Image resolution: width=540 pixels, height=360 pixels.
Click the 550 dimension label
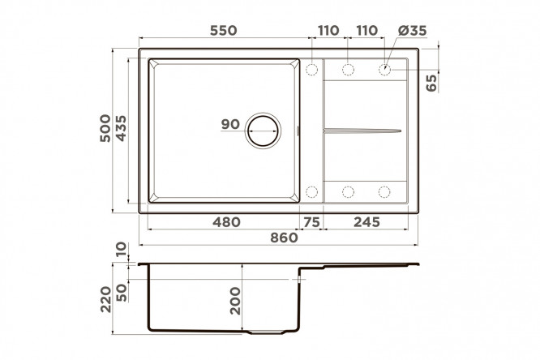pyautogui.click(x=224, y=30)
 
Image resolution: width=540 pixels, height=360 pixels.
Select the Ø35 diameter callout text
pyautogui.click(x=412, y=30)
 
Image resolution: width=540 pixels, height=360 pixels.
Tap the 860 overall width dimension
pyautogui.click(x=284, y=238)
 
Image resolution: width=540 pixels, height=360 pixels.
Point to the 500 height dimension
pyautogui.click(x=105, y=128)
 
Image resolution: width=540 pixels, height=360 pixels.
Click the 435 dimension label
pyautogui.click(x=121, y=128)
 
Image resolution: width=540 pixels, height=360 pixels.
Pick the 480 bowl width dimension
pyautogui.click(x=226, y=222)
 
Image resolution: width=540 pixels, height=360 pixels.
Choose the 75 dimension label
pyautogui.click(x=311, y=222)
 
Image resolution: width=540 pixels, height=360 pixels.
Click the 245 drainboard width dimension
pyautogui.click(x=366, y=222)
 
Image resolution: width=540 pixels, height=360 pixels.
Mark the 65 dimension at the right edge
pyautogui.click(x=431, y=83)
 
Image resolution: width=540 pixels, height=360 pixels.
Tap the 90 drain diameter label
pyautogui.click(x=230, y=124)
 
